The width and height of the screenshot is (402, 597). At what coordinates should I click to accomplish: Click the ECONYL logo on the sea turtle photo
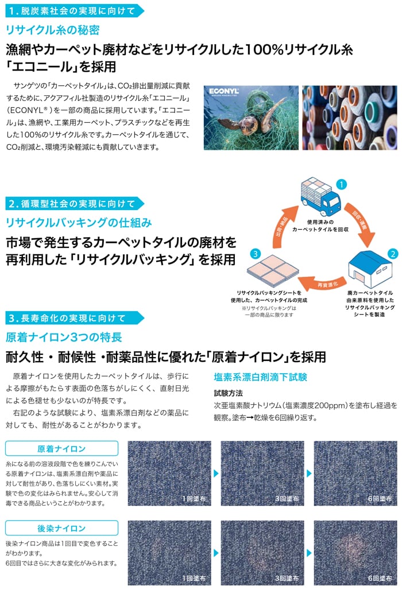click(223, 91)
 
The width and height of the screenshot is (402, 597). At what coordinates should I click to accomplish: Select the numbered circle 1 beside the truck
click(341, 184)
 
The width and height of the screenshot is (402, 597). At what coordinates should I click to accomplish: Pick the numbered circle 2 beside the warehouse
click(392, 254)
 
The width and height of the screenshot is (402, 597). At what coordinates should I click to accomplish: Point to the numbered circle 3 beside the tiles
click(256, 254)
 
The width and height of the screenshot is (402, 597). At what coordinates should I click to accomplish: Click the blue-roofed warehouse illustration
click(370, 269)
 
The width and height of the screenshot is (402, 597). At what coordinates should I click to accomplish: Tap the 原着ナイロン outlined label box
click(61, 448)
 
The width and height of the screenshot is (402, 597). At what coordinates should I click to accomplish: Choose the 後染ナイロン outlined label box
click(61, 528)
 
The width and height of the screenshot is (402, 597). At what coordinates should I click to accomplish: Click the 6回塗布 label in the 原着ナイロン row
click(380, 498)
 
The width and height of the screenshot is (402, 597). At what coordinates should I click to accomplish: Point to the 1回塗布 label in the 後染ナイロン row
click(194, 578)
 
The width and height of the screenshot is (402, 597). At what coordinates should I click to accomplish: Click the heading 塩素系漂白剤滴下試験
click(260, 377)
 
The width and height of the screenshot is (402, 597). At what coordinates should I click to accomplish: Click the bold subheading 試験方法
click(228, 393)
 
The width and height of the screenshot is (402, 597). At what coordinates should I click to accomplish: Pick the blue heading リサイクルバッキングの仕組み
click(79, 222)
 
